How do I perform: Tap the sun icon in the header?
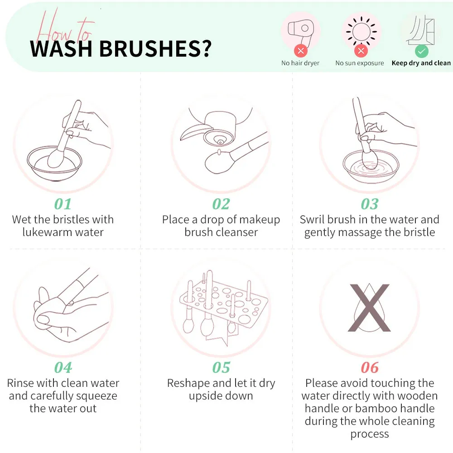(x=361, y=31)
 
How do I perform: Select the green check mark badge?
(x=421, y=51)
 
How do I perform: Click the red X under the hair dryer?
(x=301, y=51)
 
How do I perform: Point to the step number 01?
(x=63, y=204)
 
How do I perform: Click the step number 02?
(x=221, y=204)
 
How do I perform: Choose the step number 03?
(x=370, y=204)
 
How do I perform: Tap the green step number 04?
(x=63, y=367)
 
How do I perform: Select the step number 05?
(x=221, y=367)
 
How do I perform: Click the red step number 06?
(x=370, y=367)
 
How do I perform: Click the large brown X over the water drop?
(x=370, y=308)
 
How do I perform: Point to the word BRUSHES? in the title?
(x=155, y=48)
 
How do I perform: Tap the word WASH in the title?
(x=61, y=48)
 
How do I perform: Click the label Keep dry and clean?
(x=421, y=63)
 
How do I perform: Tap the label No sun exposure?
(x=360, y=63)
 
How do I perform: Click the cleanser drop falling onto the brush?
(x=219, y=152)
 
